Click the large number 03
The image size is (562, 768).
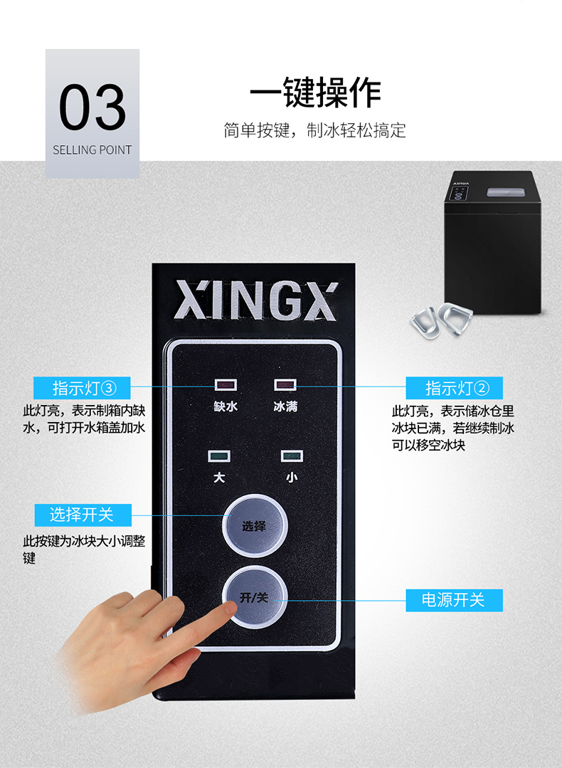click(92, 106)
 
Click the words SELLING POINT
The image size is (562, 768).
click(92, 150)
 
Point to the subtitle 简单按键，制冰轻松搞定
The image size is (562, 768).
click(314, 130)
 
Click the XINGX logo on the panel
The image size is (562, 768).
click(256, 300)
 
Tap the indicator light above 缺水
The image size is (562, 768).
click(226, 385)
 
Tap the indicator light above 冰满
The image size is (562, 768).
click(285, 385)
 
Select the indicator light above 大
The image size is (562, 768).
click(219, 456)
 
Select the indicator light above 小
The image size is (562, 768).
click(292, 456)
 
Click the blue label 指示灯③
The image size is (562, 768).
click(82, 388)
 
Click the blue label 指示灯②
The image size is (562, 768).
click(455, 388)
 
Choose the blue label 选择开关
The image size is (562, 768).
click(83, 515)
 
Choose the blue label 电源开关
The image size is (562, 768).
click(455, 600)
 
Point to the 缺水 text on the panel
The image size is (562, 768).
click(226, 406)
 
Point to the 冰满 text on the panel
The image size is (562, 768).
click(285, 406)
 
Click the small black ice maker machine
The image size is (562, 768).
click(493, 243)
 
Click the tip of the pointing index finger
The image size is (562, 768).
click(231, 607)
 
